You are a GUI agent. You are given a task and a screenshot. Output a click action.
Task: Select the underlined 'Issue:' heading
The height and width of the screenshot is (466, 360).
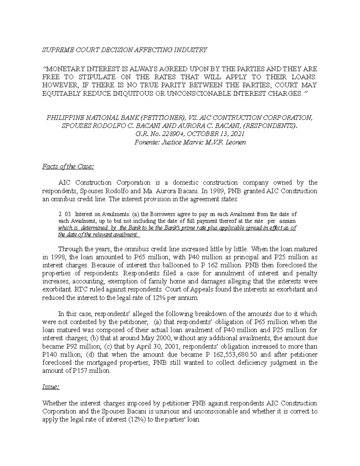click(x=51, y=387)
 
